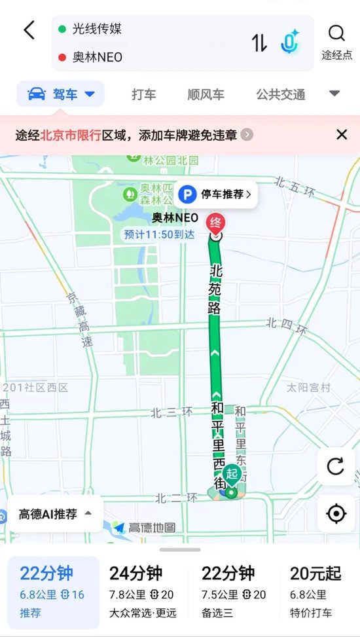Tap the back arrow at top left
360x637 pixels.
29,30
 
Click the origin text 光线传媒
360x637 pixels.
98,29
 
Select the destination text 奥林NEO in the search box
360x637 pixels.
98,57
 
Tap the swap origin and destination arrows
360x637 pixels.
259,43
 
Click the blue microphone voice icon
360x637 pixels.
289,43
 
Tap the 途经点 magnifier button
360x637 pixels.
336,41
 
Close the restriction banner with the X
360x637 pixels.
342,135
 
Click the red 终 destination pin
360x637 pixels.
214,223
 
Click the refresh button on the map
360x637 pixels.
336,466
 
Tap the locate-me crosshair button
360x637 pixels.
336,513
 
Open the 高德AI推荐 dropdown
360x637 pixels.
55,514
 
